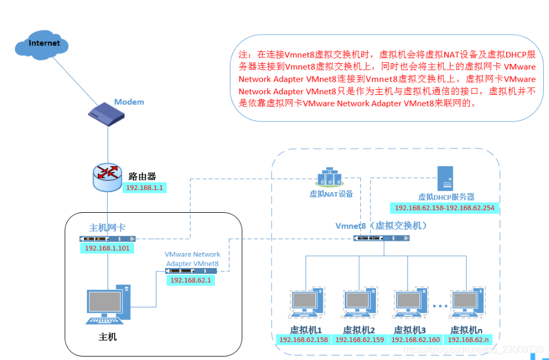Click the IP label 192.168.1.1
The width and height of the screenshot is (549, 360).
pyautogui.click(x=144, y=187)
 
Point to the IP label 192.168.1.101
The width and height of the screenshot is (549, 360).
pyautogui.click(x=108, y=248)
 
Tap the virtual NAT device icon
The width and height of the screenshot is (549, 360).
pyautogui.click(x=330, y=177)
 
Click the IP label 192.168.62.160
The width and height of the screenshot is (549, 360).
pyautogui.click(x=415, y=340)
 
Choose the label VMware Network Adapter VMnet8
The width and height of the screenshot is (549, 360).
pyautogui.click(x=192, y=259)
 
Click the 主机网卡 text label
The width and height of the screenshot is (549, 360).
pyautogui.click(x=107, y=228)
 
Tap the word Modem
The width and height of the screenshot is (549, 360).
pyautogui.click(x=129, y=102)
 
